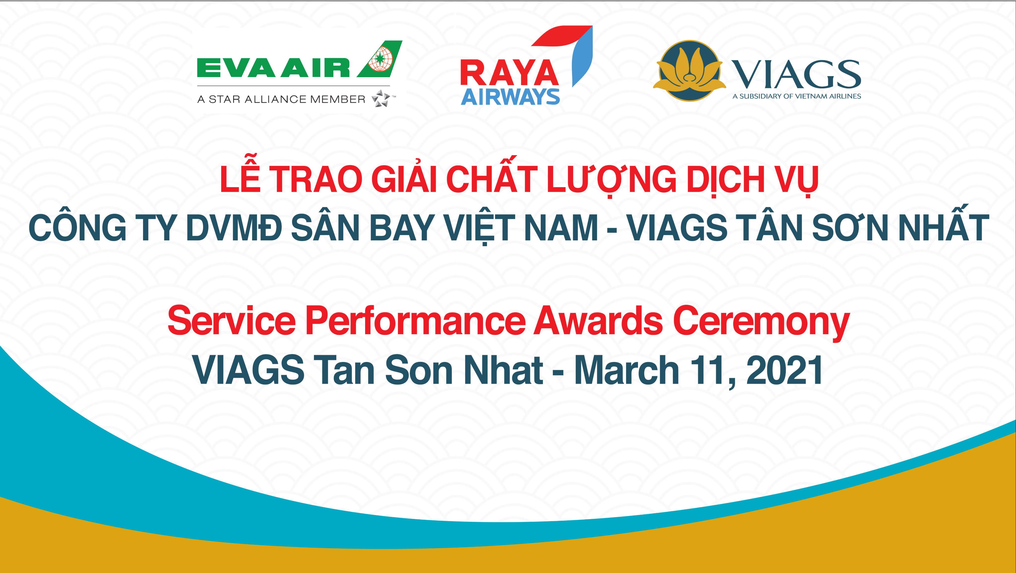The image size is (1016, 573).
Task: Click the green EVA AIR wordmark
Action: pos(273,68)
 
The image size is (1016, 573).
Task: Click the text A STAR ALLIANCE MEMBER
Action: pos(281,99)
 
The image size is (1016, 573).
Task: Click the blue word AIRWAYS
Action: pos(510,97)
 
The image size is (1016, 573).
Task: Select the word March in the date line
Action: pos(626,369)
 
